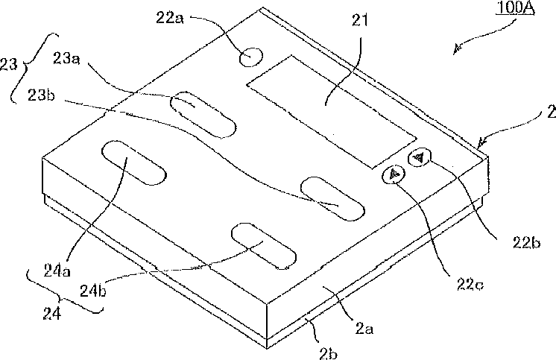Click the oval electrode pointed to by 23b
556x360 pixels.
pos(331,197)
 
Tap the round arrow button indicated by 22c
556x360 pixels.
pos(394,175)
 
